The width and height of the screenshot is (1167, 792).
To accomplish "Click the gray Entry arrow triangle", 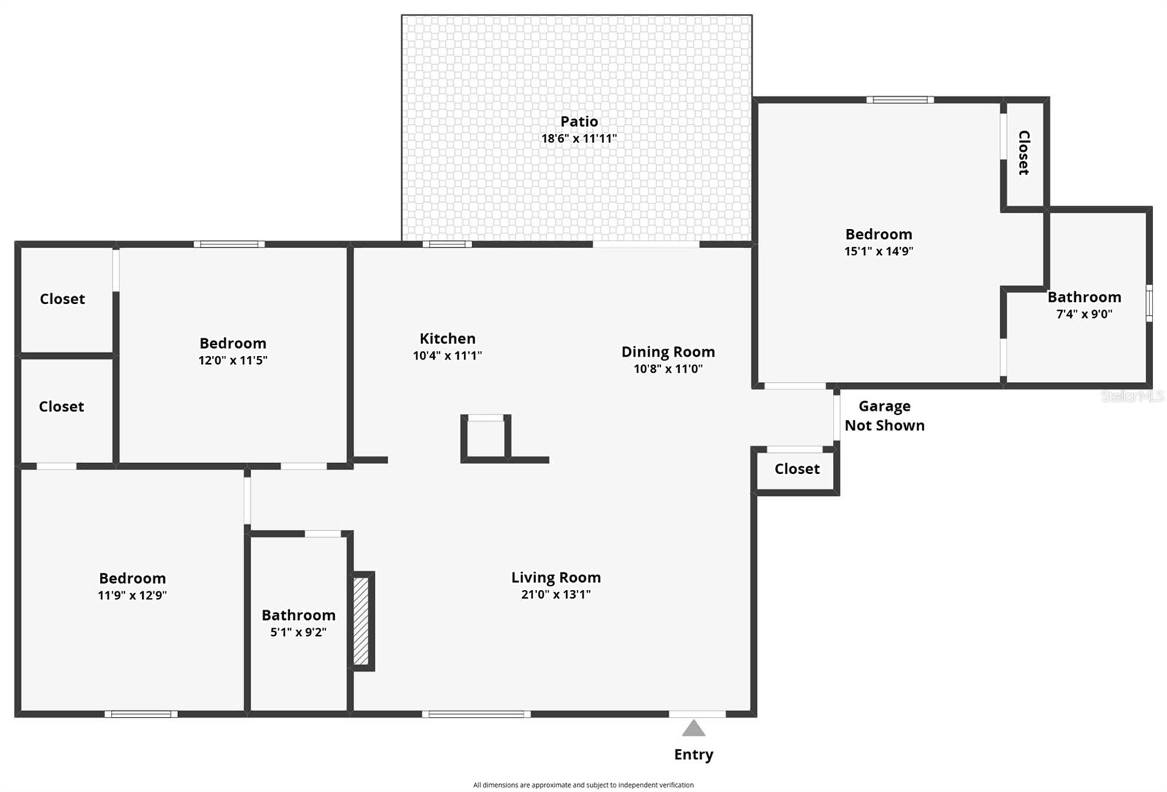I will [694, 729].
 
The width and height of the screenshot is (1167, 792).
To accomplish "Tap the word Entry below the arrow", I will [694, 755].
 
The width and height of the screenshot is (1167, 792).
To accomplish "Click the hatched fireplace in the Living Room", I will [361, 621].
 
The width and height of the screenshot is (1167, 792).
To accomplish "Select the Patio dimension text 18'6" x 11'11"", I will [579, 139].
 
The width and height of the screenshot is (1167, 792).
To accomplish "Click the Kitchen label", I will [447, 338].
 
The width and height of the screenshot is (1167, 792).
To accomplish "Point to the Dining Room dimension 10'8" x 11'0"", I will [668, 369].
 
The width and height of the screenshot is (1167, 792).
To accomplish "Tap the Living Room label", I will [556, 578].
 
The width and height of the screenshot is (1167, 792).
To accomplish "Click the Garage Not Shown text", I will [884, 416].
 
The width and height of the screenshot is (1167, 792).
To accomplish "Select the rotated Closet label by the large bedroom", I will [1023, 152].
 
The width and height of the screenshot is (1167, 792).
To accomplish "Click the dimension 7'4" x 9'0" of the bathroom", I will [1084, 314].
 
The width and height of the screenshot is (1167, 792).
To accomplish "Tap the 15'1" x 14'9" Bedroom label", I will [878, 234].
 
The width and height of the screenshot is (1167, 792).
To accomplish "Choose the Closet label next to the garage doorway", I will [796, 469].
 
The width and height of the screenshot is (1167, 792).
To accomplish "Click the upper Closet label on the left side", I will [62, 299].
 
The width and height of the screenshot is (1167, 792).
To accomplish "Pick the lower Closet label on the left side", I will [61, 407].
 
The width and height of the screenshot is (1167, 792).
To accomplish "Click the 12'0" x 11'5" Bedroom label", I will [233, 343].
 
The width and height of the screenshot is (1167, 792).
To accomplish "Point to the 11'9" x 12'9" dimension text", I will [132, 595].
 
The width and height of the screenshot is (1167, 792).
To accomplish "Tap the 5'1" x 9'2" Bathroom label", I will [298, 616].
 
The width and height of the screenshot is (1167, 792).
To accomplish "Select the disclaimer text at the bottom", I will [583, 785].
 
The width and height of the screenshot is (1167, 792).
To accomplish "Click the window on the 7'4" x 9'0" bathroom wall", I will [1149, 303].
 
